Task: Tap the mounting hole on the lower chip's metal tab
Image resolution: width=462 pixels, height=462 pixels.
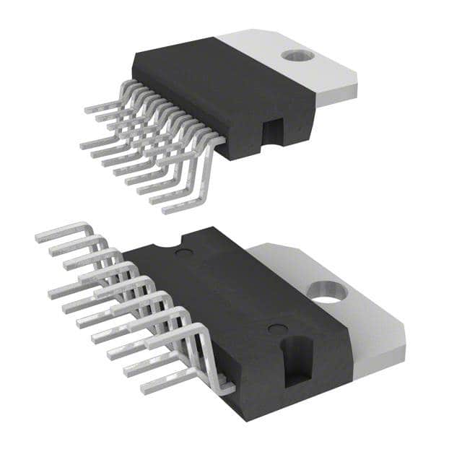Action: (x=326, y=292)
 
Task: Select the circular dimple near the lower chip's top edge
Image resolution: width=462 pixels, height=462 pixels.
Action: (x=186, y=253)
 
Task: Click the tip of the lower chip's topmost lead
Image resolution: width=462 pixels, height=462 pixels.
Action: (x=40, y=235)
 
